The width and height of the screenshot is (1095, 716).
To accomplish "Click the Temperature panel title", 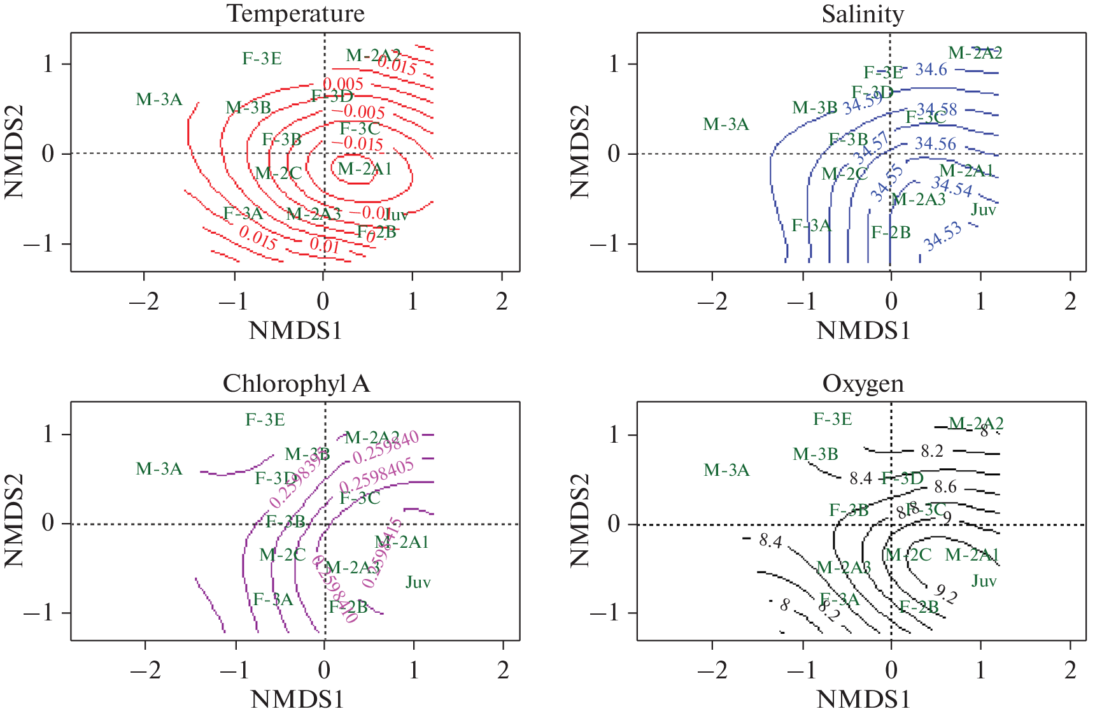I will pos(296,13).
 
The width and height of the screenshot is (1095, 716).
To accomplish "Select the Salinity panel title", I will pos(863,13).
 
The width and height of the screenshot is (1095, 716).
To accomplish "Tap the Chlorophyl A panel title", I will pos(296,383).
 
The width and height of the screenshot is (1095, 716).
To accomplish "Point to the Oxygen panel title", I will pos(863,383).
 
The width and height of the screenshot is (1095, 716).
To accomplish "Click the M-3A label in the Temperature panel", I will pos(159,99).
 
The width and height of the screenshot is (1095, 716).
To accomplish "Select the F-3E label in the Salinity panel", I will pos(883,73).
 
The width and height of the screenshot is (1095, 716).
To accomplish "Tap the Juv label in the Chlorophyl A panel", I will pos(418,582).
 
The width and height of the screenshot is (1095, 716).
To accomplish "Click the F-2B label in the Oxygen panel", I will pos(919,607).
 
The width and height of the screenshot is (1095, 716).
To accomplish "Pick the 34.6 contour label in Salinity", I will pos(931,69).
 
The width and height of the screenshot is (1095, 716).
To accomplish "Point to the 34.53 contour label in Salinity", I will pos(943,237).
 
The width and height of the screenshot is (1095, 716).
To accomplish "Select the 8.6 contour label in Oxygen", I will pos(945,487).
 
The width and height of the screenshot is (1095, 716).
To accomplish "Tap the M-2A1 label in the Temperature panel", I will pos(364,169).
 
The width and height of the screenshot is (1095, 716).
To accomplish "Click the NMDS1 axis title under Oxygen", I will pos(863,699).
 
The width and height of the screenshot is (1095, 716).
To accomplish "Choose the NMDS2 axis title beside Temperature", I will pos(14,152).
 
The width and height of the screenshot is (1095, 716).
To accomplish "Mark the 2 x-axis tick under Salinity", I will pos(1071,301).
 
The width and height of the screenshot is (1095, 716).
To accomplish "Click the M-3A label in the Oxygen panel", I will pos(726,470).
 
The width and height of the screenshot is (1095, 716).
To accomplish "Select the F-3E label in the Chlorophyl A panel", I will pos(265,420).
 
